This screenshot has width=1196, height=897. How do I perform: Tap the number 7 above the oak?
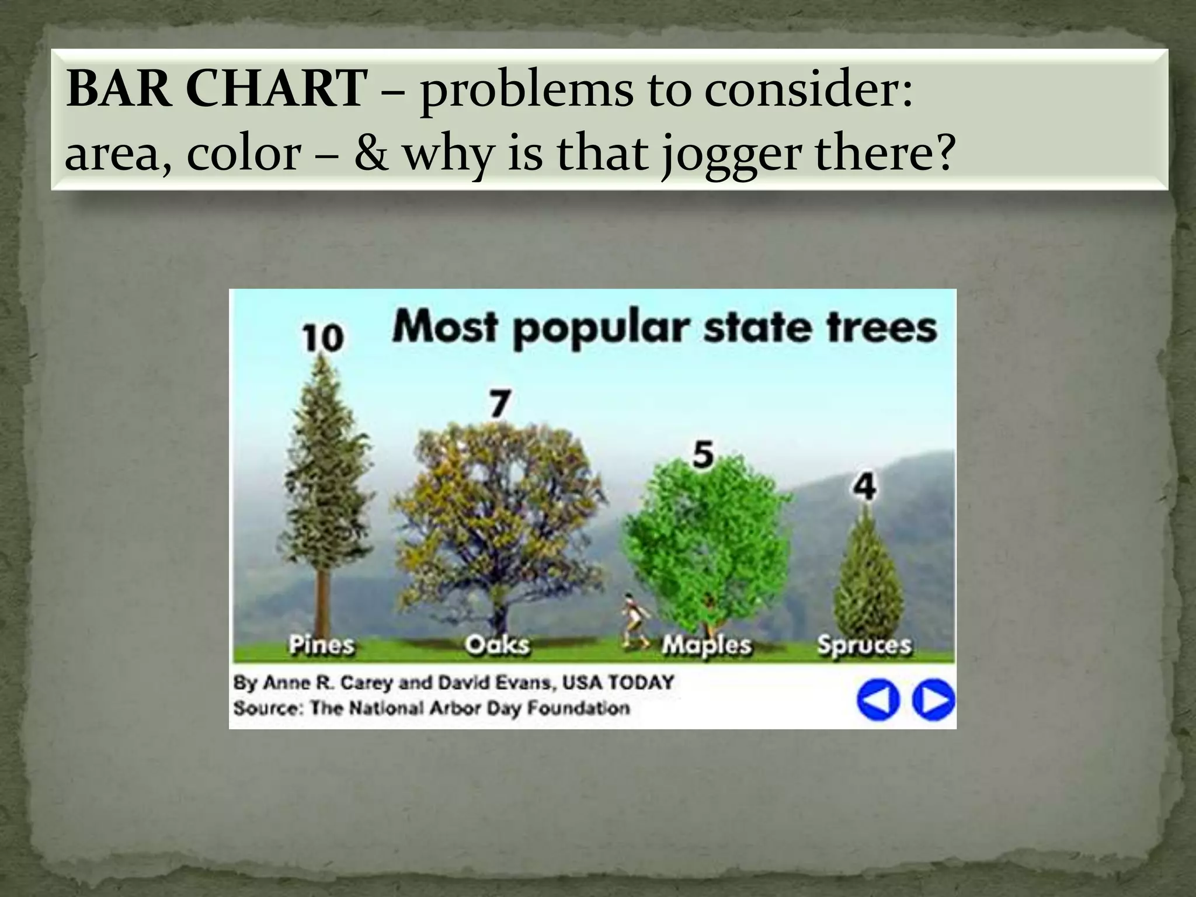pyautogui.click(x=500, y=404)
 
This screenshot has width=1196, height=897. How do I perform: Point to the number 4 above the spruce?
pyautogui.click(x=865, y=486)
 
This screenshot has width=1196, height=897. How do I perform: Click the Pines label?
pyautogui.click(x=322, y=645)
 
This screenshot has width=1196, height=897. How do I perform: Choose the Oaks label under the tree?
pyautogui.click(x=497, y=645)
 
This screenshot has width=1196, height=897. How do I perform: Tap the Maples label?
pyautogui.click(x=707, y=645)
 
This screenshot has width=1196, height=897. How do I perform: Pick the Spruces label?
pyautogui.click(x=864, y=645)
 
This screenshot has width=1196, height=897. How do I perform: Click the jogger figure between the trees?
pyautogui.click(x=632, y=622)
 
